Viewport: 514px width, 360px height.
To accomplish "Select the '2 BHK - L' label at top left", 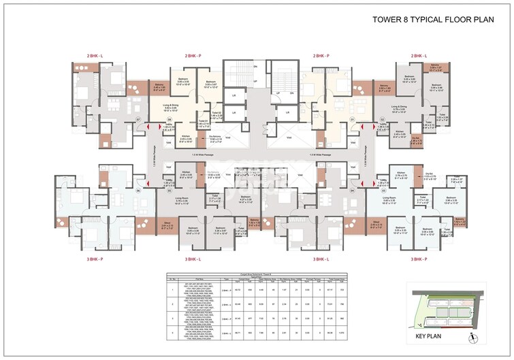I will coord(95,54).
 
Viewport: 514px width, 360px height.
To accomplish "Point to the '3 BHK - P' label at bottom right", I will coord(419,259).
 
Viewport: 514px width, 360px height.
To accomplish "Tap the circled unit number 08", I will coord(169,119).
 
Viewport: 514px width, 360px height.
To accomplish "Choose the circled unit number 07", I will coord(138,119).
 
